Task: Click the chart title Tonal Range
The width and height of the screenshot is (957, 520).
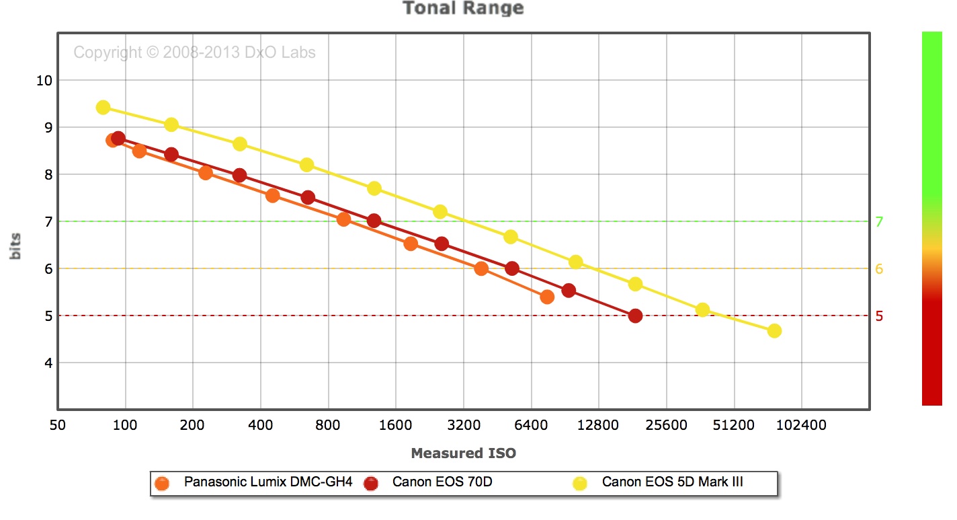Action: [x=462, y=9]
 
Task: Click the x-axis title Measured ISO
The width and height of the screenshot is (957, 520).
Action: [x=463, y=453]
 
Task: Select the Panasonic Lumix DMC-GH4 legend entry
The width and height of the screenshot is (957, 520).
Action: [x=267, y=482]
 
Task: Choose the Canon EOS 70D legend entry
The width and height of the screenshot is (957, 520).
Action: [x=442, y=482]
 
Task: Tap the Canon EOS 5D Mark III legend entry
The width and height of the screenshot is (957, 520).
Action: [x=672, y=482]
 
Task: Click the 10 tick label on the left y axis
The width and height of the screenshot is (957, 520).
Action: [x=43, y=81]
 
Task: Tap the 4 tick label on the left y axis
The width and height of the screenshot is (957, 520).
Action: [x=47, y=363]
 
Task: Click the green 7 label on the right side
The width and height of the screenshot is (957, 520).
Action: [x=879, y=221]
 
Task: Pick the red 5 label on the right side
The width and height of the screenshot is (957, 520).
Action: [x=879, y=316]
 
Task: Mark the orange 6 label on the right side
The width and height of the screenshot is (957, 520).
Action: [x=879, y=269]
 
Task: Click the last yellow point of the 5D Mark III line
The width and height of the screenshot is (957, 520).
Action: [x=774, y=331]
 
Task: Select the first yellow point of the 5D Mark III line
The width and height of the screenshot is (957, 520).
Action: [x=103, y=108]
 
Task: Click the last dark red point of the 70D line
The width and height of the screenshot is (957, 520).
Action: [x=635, y=315]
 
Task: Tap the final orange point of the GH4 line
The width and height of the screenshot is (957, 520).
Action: [x=547, y=297]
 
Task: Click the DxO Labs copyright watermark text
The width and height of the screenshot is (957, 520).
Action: [x=194, y=52]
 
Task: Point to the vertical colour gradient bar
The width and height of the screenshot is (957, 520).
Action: [x=931, y=218]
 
